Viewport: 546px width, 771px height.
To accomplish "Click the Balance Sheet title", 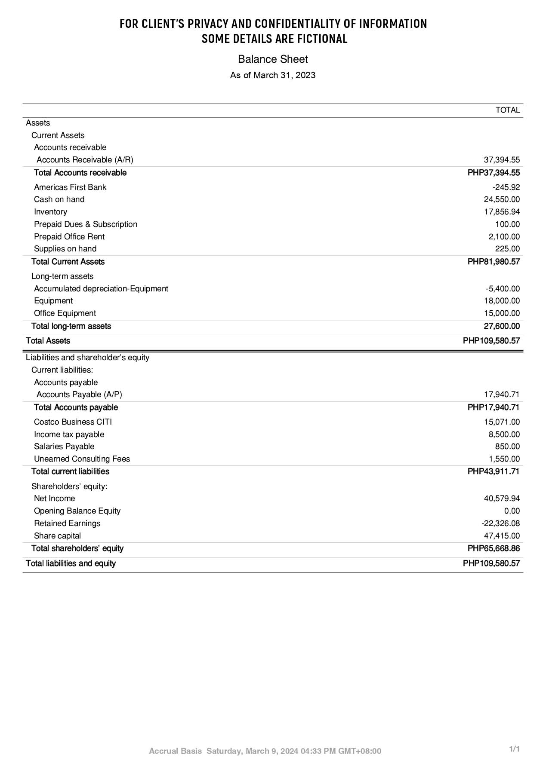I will click(273, 59).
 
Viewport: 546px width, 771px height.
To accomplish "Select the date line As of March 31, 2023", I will click(273, 76).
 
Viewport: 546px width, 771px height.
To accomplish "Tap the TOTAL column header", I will click(507, 110).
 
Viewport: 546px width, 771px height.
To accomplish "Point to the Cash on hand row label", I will click(59, 199).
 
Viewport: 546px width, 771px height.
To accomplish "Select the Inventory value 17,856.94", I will click(502, 212).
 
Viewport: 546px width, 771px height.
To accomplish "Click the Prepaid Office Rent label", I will click(69, 237).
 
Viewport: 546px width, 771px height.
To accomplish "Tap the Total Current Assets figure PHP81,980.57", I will click(494, 262).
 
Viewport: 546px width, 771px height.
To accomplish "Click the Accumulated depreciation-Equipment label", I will click(101, 289).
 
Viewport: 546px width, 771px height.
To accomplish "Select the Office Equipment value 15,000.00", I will click(502, 313).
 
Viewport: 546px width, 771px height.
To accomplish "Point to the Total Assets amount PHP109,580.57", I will click(491, 341).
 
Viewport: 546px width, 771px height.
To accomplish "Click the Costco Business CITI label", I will click(73, 422).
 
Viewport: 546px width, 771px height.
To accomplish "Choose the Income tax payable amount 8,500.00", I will click(504, 434).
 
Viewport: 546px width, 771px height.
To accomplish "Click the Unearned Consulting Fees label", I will click(82, 459).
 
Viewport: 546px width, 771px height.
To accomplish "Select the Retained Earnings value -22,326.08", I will click(500, 523).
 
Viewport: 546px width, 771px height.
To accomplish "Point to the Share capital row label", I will click(57, 536).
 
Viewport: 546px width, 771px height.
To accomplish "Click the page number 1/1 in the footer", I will click(514, 749).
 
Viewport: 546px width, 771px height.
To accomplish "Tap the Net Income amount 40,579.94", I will click(502, 499).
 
